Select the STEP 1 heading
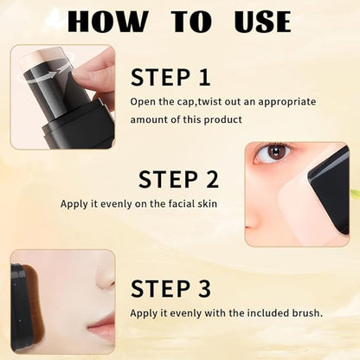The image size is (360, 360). pyautogui.click(x=170, y=77)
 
